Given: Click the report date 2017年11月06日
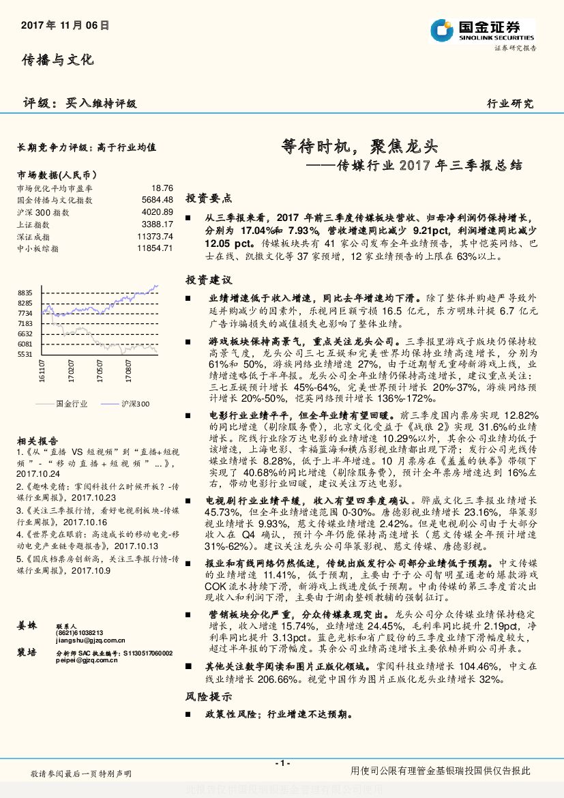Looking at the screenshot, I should (65, 26).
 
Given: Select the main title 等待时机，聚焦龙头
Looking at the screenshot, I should (359, 145).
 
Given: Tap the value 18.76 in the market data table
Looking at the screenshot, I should (162, 188).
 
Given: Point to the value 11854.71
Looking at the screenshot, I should (155, 249).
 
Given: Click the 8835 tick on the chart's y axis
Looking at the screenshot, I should (25, 292).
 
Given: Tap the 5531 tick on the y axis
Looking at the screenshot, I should (25, 355).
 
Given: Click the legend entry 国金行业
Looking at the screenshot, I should (71, 404).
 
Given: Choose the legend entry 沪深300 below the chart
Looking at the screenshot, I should (135, 404).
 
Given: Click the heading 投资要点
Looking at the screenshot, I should (209, 198).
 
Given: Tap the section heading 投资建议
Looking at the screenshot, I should (209, 280).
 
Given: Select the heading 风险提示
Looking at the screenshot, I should (209, 696).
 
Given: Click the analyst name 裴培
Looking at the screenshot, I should (27, 653).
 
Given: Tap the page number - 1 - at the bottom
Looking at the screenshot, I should (282, 763).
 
